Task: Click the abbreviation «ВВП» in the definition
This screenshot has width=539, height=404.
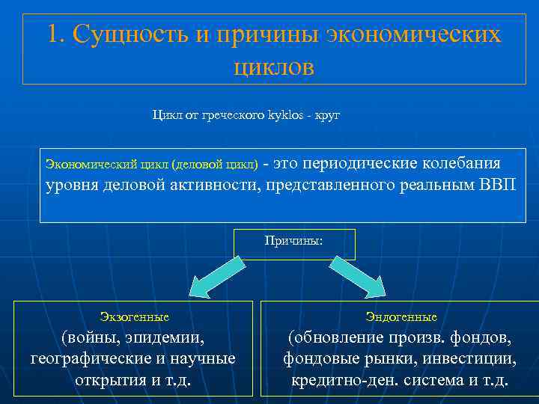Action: (x=496, y=185)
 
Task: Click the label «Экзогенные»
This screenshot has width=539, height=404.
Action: (x=134, y=317)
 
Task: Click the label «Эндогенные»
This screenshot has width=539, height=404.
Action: (x=401, y=317)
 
